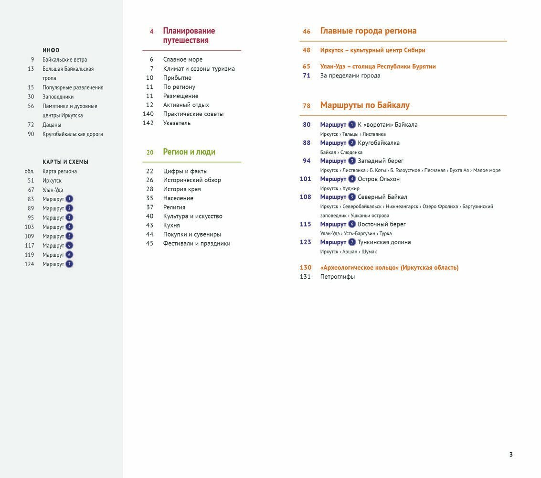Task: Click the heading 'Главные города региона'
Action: [x=368, y=31]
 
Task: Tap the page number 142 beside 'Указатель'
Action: [x=148, y=123]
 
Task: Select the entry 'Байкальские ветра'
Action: [x=64, y=60]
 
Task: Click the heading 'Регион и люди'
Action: [x=189, y=152]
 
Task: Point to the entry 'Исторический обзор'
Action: [x=192, y=180]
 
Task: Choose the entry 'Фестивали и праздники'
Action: [x=197, y=243]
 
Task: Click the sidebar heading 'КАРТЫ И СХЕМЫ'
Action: [x=65, y=162]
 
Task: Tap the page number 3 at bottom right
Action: [x=511, y=455]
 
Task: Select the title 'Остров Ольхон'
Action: [x=379, y=179]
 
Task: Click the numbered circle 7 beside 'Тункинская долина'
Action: [x=352, y=242]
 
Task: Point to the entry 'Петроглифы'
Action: [x=338, y=277]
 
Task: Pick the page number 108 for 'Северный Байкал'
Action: [x=306, y=197]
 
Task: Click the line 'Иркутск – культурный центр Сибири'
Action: [x=372, y=50]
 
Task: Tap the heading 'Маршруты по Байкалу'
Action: [x=365, y=105]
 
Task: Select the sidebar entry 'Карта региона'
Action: [x=60, y=171]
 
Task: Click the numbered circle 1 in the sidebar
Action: [x=69, y=199]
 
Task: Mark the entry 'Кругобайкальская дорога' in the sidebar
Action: [x=73, y=134]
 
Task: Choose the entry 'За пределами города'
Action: [x=350, y=76]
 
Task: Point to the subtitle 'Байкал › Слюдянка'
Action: [x=341, y=152]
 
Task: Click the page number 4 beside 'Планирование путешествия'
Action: [x=152, y=32]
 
